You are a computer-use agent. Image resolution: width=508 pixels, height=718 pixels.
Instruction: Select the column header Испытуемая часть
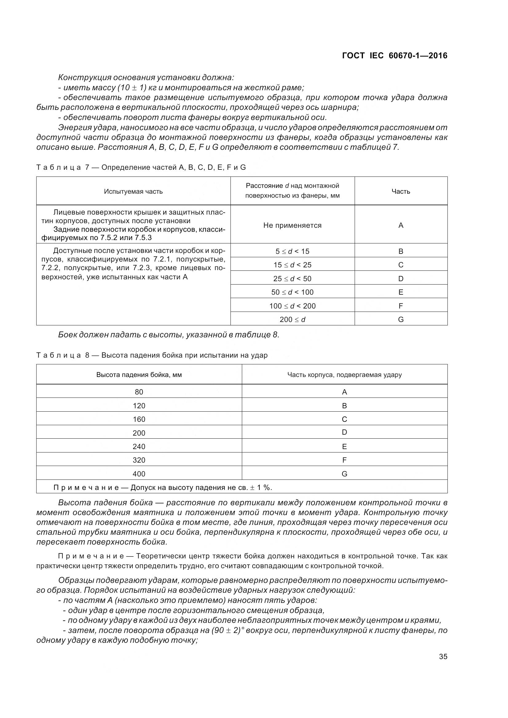pyautogui.click(x=133, y=191)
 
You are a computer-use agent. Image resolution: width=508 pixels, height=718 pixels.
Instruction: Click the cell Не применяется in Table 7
pyautogui.click(x=292, y=226)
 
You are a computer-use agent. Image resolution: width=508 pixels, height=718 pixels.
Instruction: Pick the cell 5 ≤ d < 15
pyautogui.click(x=292, y=251)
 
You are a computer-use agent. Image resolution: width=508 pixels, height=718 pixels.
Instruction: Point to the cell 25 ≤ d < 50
pyautogui.click(x=292, y=279)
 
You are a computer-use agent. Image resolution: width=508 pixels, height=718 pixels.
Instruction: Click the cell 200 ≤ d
pyautogui.click(x=292, y=320)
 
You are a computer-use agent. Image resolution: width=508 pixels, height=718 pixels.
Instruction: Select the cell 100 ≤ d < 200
pyautogui.click(x=292, y=306)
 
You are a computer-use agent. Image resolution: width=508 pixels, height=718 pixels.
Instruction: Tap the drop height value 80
pyautogui.click(x=139, y=392)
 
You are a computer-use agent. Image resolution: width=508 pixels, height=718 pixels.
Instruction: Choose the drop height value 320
pyautogui.click(x=139, y=460)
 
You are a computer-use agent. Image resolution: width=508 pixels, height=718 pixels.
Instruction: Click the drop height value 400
pyautogui.click(x=139, y=474)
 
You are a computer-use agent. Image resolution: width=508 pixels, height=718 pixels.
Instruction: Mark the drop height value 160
pyautogui.click(x=139, y=419)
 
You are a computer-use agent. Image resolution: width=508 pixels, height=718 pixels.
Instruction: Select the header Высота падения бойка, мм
pyautogui.click(x=139, y=375)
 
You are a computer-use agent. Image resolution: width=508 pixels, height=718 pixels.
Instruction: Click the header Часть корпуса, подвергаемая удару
pyautogui.click(x=344, y=375)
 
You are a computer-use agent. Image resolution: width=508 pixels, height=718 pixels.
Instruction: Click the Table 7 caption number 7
pyautogui.click(x=87, y=168)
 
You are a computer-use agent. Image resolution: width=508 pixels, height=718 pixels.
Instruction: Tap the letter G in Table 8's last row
pyautogui.click(x=344, y=474)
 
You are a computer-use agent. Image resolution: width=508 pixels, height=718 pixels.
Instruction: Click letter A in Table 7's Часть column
pyautogui.click(x=401, y=226)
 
